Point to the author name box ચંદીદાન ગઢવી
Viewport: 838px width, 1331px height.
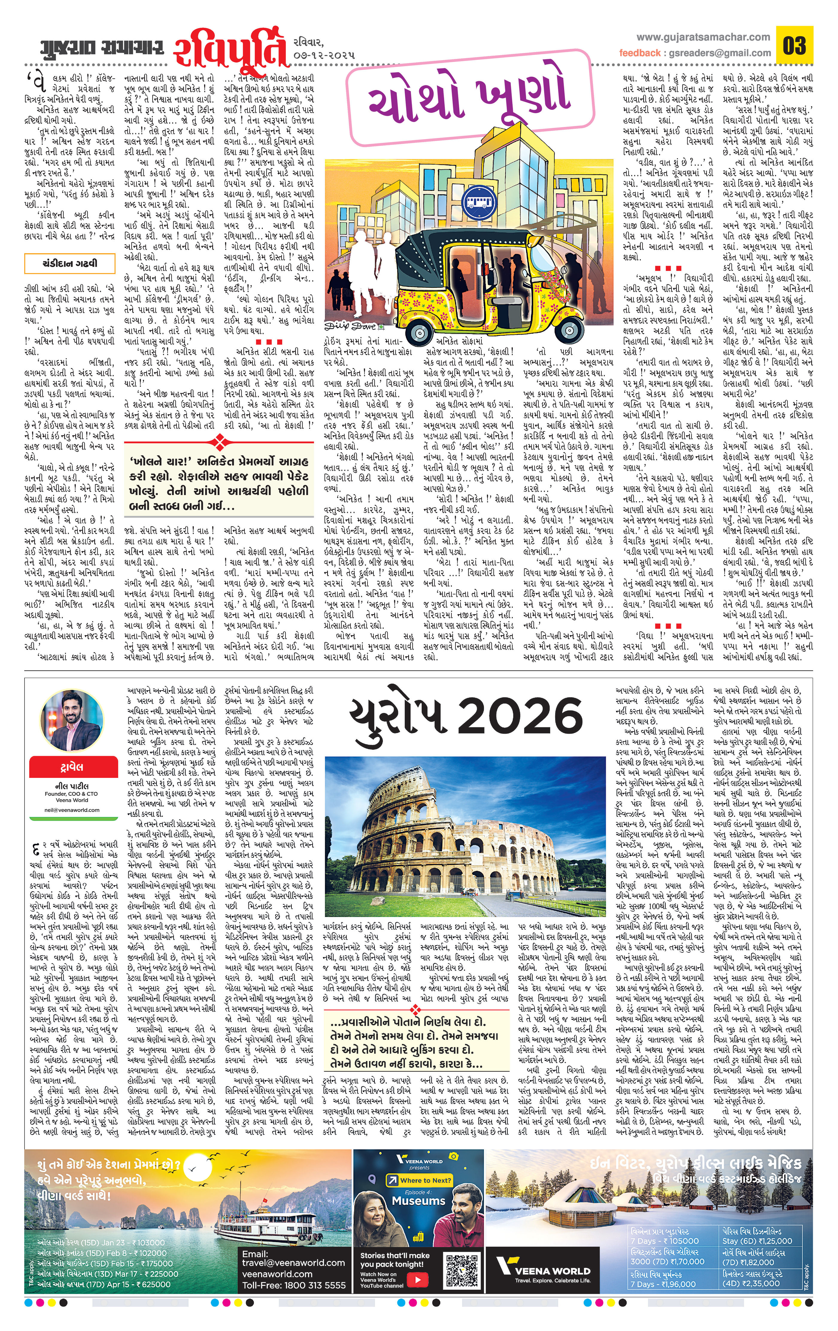69,263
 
